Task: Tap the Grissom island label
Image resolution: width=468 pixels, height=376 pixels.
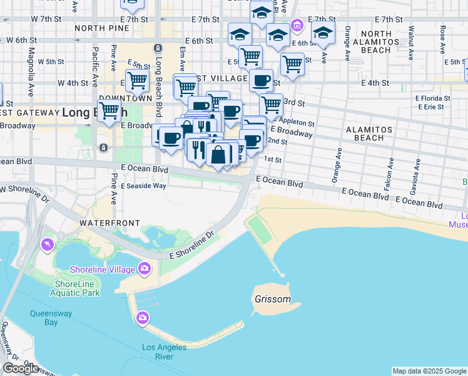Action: coord(273,299)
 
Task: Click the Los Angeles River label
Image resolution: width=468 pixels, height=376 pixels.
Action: coord(164,352)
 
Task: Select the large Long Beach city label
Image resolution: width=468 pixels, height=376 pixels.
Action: coord(94,113)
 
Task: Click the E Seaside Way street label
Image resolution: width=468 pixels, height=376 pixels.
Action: coord(144,186)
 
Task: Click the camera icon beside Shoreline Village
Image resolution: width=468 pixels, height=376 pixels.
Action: coord(145,269)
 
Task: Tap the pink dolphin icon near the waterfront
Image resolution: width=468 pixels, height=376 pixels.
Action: coord(47,244)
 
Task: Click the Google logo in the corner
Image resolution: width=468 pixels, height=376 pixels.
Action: coord(21,368)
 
